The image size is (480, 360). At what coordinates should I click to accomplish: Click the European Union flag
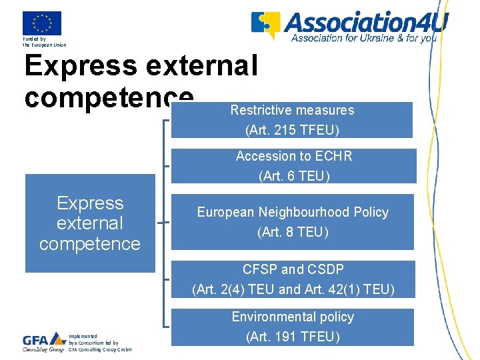(41, 23)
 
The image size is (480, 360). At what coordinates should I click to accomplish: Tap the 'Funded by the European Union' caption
(44, 42)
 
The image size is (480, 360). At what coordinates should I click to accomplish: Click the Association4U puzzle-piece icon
(265, 25)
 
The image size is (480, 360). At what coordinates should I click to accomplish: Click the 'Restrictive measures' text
(292, 110)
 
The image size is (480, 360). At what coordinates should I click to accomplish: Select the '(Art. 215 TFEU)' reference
(292, 129)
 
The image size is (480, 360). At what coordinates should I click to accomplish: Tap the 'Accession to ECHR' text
(293, 157)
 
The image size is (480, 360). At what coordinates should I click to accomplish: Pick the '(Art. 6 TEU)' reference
(293, 177)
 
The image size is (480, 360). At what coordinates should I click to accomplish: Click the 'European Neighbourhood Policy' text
(293, 212)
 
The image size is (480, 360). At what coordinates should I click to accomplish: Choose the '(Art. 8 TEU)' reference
(293, 232)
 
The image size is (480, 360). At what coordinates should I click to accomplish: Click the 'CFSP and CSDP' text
(293, 269)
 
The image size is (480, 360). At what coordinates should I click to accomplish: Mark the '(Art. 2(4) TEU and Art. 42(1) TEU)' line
(293, 289)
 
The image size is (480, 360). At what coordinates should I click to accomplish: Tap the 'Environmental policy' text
(293, 317)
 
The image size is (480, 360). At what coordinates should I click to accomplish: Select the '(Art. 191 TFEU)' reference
(293, 337)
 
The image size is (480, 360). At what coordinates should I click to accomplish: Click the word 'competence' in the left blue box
(90, 244)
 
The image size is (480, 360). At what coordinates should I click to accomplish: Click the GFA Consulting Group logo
(43, 341)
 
